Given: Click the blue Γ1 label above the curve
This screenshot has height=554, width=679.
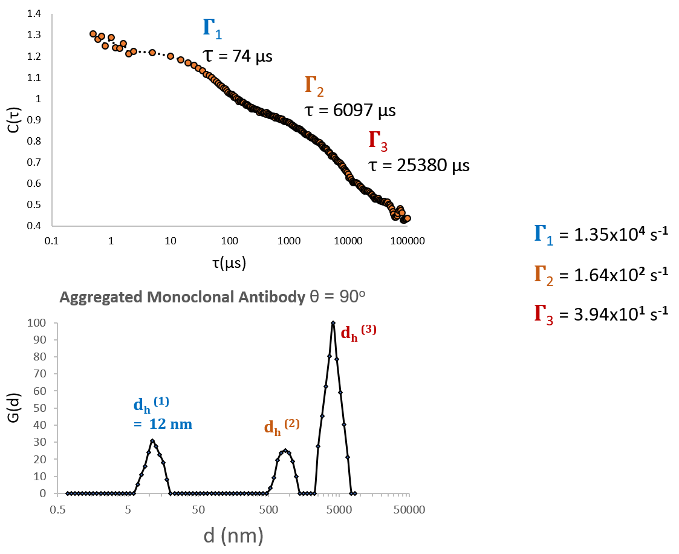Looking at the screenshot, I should [212, 28].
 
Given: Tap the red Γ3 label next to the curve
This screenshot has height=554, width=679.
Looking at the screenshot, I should [378, 141].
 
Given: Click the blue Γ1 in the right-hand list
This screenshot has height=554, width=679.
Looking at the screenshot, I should [543, 234].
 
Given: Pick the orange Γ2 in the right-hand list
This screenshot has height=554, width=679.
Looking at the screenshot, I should [543, 275].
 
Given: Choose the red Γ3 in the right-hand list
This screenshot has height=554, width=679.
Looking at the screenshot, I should [543, 314].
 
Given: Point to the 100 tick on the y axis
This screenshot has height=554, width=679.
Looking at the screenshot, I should [37, 323].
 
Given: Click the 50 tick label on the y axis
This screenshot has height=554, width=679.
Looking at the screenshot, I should [40, 408].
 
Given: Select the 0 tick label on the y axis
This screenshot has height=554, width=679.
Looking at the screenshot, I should [43, 494].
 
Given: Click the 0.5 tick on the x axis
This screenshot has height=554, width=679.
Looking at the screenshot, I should [57, 509].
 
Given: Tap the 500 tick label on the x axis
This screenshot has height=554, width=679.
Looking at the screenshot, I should [268, 509].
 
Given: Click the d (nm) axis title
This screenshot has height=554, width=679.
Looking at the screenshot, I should [233, 535].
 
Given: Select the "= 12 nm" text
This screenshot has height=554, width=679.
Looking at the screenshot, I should [163, 425].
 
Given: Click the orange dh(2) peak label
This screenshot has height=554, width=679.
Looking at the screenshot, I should [281, 426].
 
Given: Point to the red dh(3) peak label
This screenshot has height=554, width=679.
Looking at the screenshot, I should [358, 332].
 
